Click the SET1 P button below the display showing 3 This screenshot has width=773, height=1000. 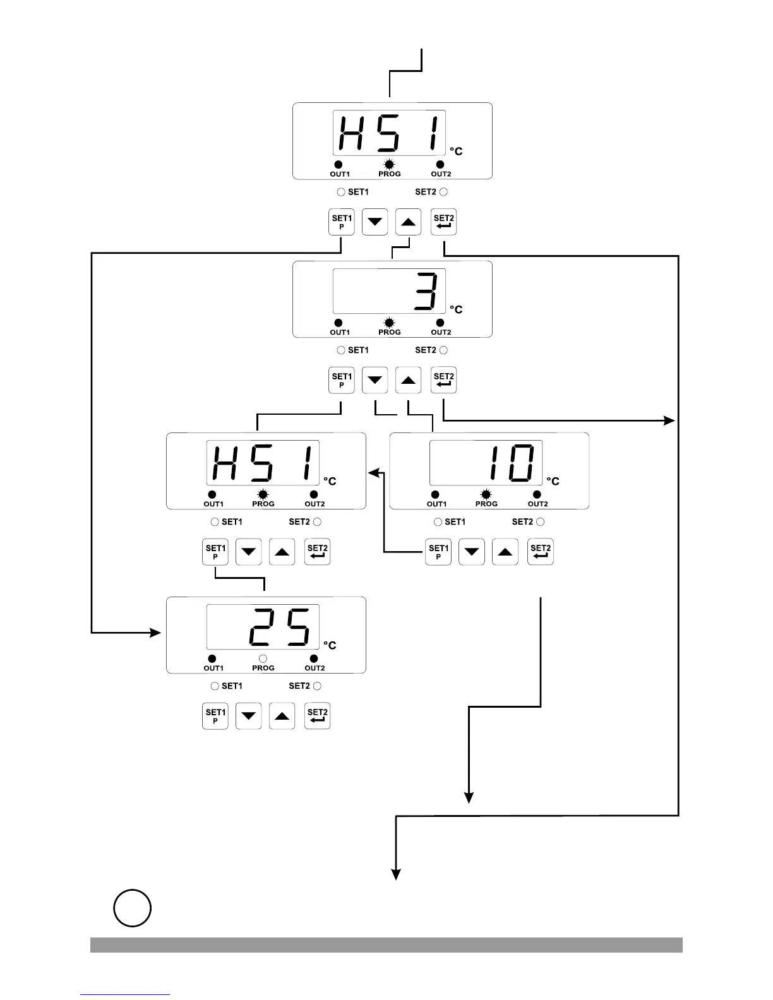342,381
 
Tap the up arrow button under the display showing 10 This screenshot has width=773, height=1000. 505,552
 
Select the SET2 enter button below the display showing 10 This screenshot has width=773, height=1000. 540,552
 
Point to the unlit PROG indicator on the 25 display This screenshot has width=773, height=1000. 263,659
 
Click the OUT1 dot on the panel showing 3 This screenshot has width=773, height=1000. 339,323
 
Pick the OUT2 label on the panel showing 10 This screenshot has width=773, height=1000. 537,504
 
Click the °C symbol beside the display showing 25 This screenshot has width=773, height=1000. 330,645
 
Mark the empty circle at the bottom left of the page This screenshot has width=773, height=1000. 132,908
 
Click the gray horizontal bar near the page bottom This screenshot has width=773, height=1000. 386,944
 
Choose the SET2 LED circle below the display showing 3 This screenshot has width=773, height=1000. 443,350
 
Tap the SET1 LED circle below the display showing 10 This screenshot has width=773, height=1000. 438,522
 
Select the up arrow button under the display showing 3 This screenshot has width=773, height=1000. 408,381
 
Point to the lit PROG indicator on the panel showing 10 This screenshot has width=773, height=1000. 486,495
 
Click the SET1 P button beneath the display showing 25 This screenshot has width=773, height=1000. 215,717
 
